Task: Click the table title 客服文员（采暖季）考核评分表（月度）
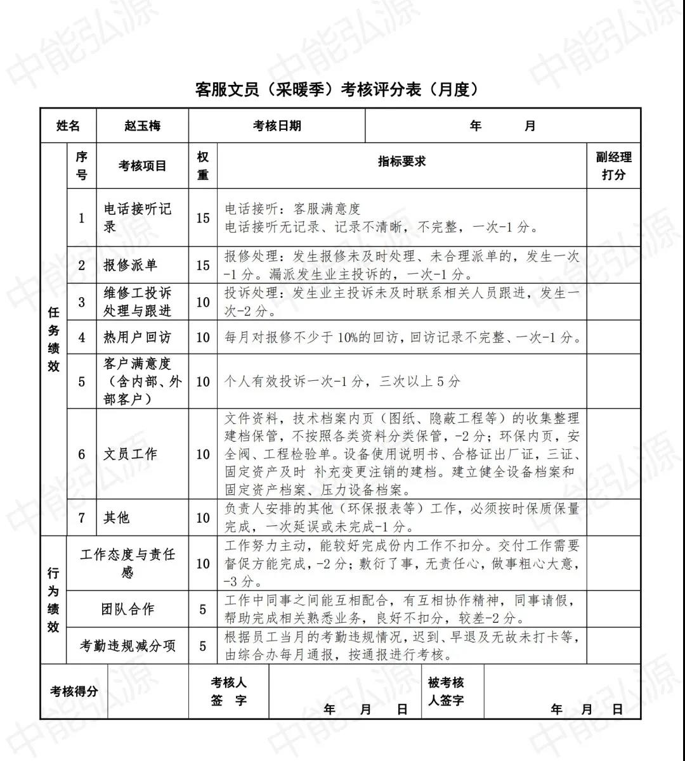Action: (x=337, y=90)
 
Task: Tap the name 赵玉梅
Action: (x=142, y=125)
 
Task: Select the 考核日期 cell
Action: (x=277, y=125)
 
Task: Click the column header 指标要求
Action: (x=401, y=162)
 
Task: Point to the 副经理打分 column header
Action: (x=613, y=165)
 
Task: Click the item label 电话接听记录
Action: (x=138, y=217)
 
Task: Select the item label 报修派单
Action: (x=130, y=265)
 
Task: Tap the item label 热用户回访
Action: (x=137, y=337)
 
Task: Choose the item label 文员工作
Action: (x=130, y=454)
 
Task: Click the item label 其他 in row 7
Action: (x=117, y=518)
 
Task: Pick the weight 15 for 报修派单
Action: (x=203, y=265)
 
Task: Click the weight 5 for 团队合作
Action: (x=203, y=610)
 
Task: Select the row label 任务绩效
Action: (x=54, y=339)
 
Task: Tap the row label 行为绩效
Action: (x=54, y=600)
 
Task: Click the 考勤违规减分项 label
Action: (x=127, y=646)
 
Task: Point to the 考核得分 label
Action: (x=74, y=691)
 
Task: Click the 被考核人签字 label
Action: (x=446, y=691)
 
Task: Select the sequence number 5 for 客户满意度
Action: (x=82, y=381)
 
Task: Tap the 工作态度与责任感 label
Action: (x=127, y=563)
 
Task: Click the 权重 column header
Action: (x=203, y=165)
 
